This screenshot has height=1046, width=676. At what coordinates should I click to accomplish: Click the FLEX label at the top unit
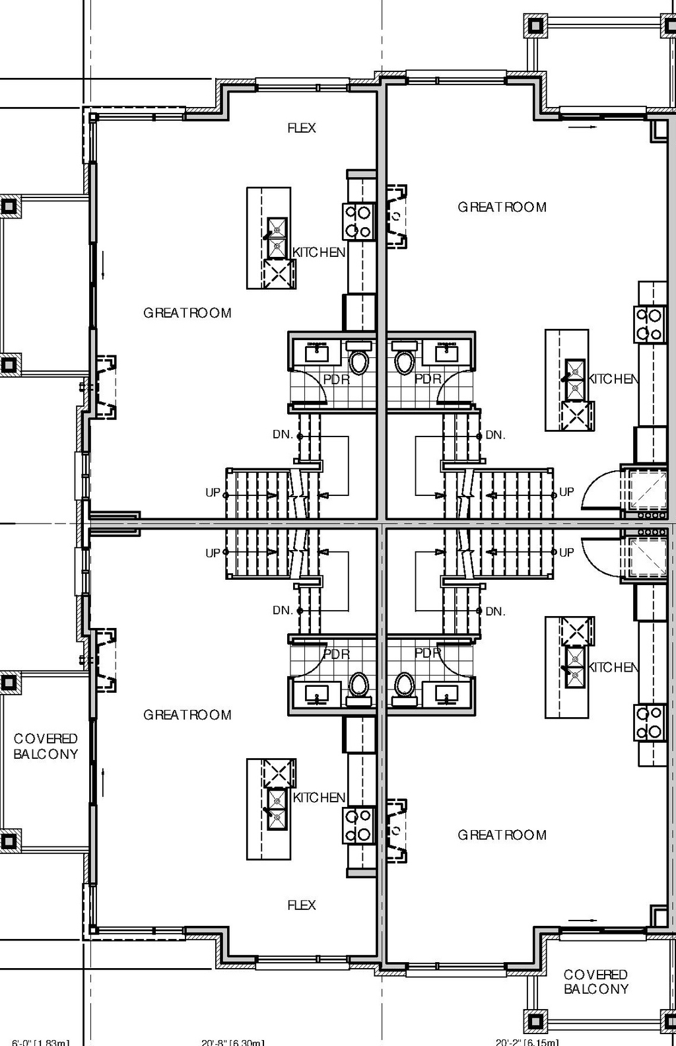[302, 128]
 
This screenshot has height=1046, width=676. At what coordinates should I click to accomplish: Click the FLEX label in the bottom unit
[302, 905]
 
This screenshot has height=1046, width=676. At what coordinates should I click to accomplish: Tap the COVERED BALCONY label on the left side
[46, 746]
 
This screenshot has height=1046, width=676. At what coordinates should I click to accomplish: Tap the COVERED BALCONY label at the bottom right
[595, 981]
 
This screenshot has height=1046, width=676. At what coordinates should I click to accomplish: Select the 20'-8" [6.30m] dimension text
[233, 1042]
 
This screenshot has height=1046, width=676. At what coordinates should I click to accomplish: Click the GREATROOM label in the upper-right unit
[502, 207]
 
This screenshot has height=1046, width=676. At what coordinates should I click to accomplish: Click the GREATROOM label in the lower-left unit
[187, 715]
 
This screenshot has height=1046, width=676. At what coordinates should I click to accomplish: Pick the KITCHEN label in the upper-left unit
[319, 252]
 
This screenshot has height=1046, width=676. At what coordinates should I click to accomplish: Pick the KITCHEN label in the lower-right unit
[613, 668]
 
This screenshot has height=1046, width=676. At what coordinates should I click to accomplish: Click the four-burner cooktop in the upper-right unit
[648, 324]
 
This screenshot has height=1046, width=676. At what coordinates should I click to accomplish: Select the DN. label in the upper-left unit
[283, 435]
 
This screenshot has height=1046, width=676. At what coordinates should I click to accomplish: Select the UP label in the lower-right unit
[566, 552]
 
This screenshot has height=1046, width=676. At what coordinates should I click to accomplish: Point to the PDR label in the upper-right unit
[428, 379]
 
